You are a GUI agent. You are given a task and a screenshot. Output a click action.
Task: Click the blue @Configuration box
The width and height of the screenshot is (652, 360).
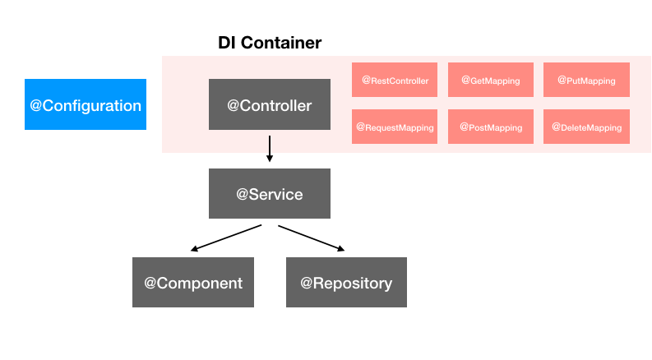(86, 104)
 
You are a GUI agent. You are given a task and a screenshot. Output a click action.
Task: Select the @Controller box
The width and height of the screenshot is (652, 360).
(270, 104)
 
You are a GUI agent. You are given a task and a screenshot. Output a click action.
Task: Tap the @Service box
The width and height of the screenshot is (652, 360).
(270, 194)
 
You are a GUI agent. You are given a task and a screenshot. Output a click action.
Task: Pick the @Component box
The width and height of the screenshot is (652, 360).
(193, 283)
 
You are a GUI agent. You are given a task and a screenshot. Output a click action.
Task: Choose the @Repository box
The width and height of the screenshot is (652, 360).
(346, 283)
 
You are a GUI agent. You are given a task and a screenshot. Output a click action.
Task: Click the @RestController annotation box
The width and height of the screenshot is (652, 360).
(395, 80)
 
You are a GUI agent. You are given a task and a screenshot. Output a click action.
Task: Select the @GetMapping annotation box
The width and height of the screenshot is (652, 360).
(490, 80)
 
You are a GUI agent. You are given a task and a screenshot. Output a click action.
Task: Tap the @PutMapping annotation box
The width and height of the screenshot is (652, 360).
(586, 80)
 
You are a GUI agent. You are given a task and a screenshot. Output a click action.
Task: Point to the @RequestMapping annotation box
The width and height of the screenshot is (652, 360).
(395, 127)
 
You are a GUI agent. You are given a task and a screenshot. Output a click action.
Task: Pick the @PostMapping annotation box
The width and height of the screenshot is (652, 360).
(490, 127)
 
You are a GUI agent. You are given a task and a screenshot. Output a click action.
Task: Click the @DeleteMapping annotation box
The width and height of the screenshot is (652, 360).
(586, 127)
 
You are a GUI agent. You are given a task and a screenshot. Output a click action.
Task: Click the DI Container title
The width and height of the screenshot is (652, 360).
(270, 43)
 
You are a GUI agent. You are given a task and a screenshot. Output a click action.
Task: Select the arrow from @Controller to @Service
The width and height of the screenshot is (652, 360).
(270, 149)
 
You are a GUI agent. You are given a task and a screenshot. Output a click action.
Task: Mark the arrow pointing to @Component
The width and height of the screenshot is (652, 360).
(226, 238)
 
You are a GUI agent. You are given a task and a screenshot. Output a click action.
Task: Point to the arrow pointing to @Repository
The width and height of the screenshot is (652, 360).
(311, 237)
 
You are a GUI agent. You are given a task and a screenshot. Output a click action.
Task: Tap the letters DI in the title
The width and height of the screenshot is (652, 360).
(227, 43)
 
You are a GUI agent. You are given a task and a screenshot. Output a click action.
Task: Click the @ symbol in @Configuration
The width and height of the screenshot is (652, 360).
(36, 105)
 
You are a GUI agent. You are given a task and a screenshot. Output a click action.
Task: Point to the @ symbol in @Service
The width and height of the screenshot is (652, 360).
(243, 195)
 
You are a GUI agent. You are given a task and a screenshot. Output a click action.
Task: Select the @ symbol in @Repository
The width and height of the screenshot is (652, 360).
(307, 284)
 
